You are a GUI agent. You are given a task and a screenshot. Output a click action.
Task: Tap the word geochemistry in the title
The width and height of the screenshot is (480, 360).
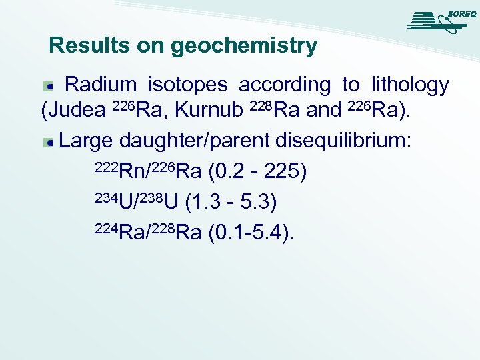(244, 47)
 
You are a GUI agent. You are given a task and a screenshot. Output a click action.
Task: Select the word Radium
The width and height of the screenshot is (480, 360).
(101, 85)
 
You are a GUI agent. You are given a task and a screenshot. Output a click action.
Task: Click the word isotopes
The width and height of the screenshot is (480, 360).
(187, 85)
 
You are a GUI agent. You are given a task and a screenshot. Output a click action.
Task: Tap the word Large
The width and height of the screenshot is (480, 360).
(87, 141)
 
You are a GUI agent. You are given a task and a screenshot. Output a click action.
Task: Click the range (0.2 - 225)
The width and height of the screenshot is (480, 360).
(257, 171)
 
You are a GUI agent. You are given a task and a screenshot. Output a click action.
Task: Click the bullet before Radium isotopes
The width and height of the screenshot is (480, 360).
(49, 86)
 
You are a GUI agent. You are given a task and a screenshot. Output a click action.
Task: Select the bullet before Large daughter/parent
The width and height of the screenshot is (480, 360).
(49, 142)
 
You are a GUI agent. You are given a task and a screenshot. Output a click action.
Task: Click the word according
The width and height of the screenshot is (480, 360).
(284, 85)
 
